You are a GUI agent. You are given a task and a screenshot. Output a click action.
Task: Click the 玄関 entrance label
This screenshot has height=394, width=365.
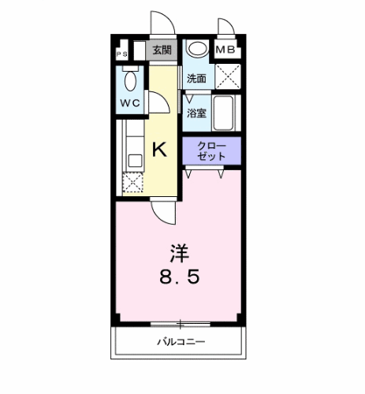tap(162, 50)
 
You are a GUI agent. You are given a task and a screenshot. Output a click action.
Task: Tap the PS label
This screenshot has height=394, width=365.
tap(121, 54)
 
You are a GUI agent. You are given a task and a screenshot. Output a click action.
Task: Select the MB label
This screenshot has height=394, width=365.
tap(226, 50)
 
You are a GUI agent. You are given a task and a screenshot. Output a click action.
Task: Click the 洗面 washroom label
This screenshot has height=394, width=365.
tap(196, 79)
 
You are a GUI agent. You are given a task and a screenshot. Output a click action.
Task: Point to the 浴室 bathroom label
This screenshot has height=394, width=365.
tap(196, 113)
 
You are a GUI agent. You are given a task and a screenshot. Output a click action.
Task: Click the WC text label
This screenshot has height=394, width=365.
tap(130, 104)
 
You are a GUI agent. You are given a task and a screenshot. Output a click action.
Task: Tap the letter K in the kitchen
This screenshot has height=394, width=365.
tap(158, 149)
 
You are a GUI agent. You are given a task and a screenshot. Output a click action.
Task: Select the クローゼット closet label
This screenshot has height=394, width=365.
tap(211, 151)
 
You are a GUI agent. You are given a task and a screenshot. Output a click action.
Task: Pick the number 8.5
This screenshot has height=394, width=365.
tap(181, 278)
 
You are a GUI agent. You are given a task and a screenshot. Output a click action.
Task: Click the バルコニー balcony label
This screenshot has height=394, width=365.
tap(181, 342)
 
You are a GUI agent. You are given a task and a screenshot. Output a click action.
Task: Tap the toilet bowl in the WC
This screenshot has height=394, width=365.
tap(131, 78)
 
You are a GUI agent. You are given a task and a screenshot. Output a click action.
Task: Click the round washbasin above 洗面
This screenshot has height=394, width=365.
tap(196, 49)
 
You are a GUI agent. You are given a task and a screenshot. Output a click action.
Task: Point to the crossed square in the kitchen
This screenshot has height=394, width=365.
tap(132, 181)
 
